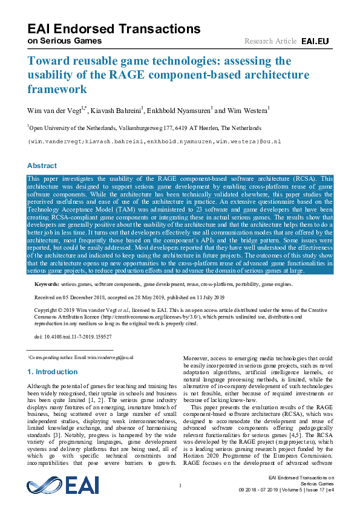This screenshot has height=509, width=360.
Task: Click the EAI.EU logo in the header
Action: (x=315, y=41)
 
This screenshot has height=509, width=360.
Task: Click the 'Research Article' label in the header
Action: (x=270, y=41)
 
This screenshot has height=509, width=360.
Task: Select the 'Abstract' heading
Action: (x=42, y=166)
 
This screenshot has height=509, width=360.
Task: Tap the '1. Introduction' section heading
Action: (x=53, y=372)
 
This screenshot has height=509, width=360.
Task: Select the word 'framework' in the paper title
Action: (x=57, y=89)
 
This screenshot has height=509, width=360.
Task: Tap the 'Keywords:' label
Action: (x=47, y=284)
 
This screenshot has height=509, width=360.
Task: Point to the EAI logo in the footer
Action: (x=63, y=485)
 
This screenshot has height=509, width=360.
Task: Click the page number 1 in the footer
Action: (x=180, y=485)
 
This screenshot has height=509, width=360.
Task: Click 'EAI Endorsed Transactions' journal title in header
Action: (x=114, y=29)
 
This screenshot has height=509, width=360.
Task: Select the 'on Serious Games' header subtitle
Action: (x=65, y=41)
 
